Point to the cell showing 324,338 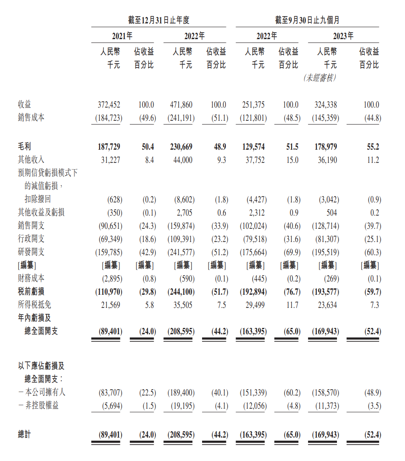325,105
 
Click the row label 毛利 24,147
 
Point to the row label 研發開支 31,252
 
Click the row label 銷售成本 31,117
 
